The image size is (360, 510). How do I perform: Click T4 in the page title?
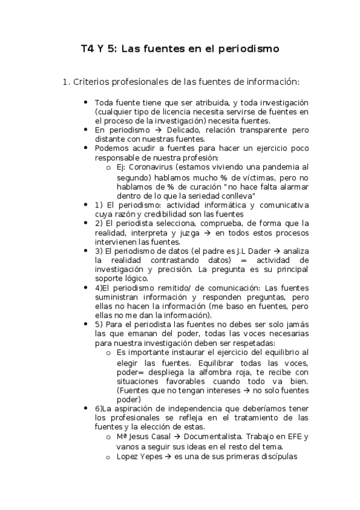coord(88,49)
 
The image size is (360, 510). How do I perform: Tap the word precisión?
coord(166,270)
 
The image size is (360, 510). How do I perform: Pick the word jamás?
coord(298,325)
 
